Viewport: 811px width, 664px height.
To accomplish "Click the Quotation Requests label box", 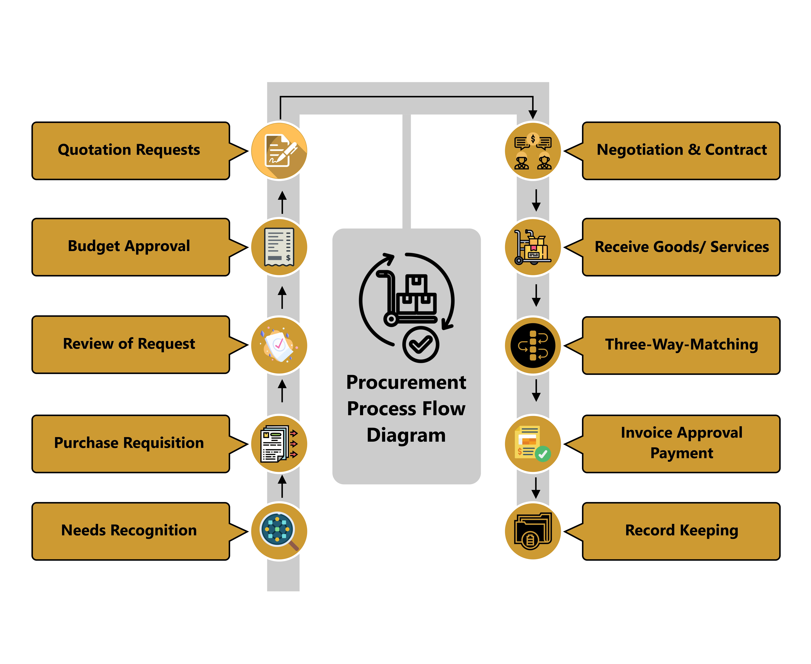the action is [x=130, y=150].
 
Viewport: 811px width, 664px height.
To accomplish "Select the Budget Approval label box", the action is [x=130, y=247].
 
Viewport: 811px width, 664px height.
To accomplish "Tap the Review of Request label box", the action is [x=130, y=344].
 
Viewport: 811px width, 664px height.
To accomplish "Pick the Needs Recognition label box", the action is [x=130, y=531].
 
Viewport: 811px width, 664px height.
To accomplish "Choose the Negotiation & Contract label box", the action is [x=681, y=150].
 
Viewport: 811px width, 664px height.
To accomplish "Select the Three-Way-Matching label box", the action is [x=681, y=345].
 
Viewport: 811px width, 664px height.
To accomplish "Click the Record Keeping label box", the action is [x=681, y=531].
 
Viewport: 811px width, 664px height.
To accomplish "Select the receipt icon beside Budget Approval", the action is [x=279, y=247].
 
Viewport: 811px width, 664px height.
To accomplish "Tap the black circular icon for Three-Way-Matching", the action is [x=533, y=345].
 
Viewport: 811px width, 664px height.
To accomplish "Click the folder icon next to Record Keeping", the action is [x=533, y=531].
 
